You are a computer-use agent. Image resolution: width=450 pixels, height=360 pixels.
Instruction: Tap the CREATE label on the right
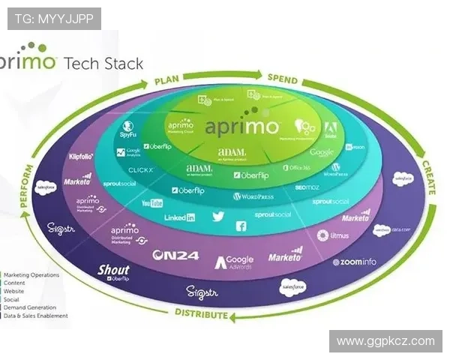(x=428, y=177)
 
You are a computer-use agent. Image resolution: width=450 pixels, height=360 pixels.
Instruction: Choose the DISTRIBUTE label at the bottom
(x=202, y=313)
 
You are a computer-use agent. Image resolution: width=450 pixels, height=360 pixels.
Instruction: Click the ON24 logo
(x=175, y=255)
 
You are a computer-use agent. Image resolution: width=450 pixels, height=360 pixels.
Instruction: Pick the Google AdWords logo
(x=235, y=262)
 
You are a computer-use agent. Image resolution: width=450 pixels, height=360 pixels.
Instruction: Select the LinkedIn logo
(x=180, y=217)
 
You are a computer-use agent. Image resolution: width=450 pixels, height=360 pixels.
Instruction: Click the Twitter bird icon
(x=218, y=216)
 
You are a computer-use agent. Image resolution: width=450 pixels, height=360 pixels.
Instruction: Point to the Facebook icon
(x=241, y=226)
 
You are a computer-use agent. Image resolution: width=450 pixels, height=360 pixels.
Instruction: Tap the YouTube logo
(x=152, y=203)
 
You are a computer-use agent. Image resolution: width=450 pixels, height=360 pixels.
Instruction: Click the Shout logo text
(x=114, y=270)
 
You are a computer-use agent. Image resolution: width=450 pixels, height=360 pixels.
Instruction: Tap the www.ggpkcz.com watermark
(x=385, y=341)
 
